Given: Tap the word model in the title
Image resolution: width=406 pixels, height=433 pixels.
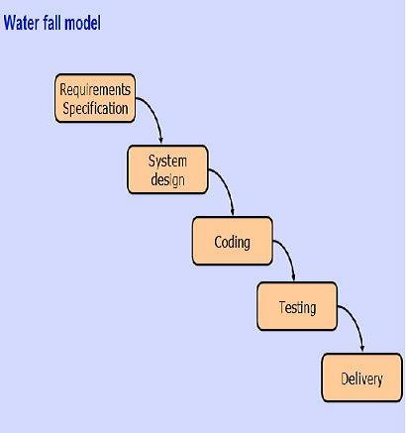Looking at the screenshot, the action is click(x=82, y=23).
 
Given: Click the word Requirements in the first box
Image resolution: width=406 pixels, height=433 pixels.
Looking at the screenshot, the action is click(x=95, y=90).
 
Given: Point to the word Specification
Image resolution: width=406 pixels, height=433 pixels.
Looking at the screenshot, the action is click(x=95, y=108).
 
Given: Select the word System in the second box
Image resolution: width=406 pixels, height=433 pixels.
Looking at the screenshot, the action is click(x=167, y=162).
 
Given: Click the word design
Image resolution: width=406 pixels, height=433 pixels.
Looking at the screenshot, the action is click(x=167, y=180).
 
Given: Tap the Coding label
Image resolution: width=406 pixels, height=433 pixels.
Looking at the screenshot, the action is click(x=232, y=243).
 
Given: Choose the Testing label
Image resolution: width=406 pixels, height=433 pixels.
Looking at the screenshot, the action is click(x=297, y=308).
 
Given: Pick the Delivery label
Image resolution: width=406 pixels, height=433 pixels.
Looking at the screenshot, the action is click(x=361, y=379).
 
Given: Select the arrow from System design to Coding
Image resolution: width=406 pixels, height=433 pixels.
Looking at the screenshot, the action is click(x=227, y=184).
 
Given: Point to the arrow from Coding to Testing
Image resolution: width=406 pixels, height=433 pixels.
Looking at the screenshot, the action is click(x=288, y=255).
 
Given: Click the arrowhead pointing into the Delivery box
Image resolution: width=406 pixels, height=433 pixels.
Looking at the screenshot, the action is click(x=362, y=349).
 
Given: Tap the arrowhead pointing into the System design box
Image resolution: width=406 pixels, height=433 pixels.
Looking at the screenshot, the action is click(x=160, y=140).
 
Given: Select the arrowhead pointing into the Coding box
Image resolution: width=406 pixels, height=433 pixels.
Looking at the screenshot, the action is click(x=233, y=212).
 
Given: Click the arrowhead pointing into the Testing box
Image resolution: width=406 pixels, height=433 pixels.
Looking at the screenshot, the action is click(x=293, y=277).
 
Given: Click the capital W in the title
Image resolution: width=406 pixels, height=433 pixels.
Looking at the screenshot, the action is click(x=10, y=23).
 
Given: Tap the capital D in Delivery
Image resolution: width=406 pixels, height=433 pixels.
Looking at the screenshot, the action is click(x=345, y=379).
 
